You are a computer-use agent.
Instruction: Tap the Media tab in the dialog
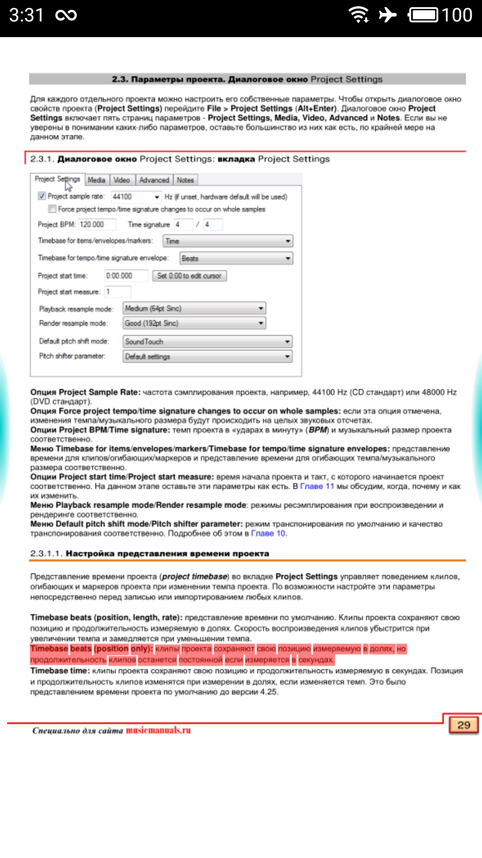pyautogui.click(x=96, y=180)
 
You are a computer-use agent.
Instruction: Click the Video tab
pyautogui.click(x=121, y=180)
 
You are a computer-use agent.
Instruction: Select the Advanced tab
pyautogui.click(x=154, y=180)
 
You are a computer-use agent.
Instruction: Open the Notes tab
pyautogui.click(x=185, y=180)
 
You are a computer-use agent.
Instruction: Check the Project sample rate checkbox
pyautogui.click(x=42, y=196)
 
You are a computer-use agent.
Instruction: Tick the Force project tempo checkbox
pyautogui.click(x=52, y=209)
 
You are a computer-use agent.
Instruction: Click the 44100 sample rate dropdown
pyautogui.click(x=136, y=197)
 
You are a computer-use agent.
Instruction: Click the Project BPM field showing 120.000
pyautogui.click(x=97, y=224)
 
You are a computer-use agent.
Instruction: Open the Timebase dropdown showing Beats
pyautogui.click(x=236, y=258)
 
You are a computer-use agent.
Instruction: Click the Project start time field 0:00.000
pyautogui.click(x=126, y=276)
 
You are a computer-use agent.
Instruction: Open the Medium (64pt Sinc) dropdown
pyautogui.click(x=194, y=308)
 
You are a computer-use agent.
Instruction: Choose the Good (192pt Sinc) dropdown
pyautogui.click(x=194, y=323)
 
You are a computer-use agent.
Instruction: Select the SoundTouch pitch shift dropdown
pyautogui.click(x=208, y=341)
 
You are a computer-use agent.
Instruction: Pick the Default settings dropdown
pyautogui.click(x=208, y=356)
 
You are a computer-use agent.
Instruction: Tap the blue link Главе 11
pyautogui.click(x=317, y=486)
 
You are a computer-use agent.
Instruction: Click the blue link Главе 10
pyautogui.click(x=268, y=533)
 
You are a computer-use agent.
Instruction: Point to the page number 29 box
pyautogui.click(x=464, y=725)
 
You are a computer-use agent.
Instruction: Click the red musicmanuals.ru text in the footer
pyautogui.click(x=158, y=730)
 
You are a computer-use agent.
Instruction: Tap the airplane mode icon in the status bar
pyautogui.click(x=387, y=15)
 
